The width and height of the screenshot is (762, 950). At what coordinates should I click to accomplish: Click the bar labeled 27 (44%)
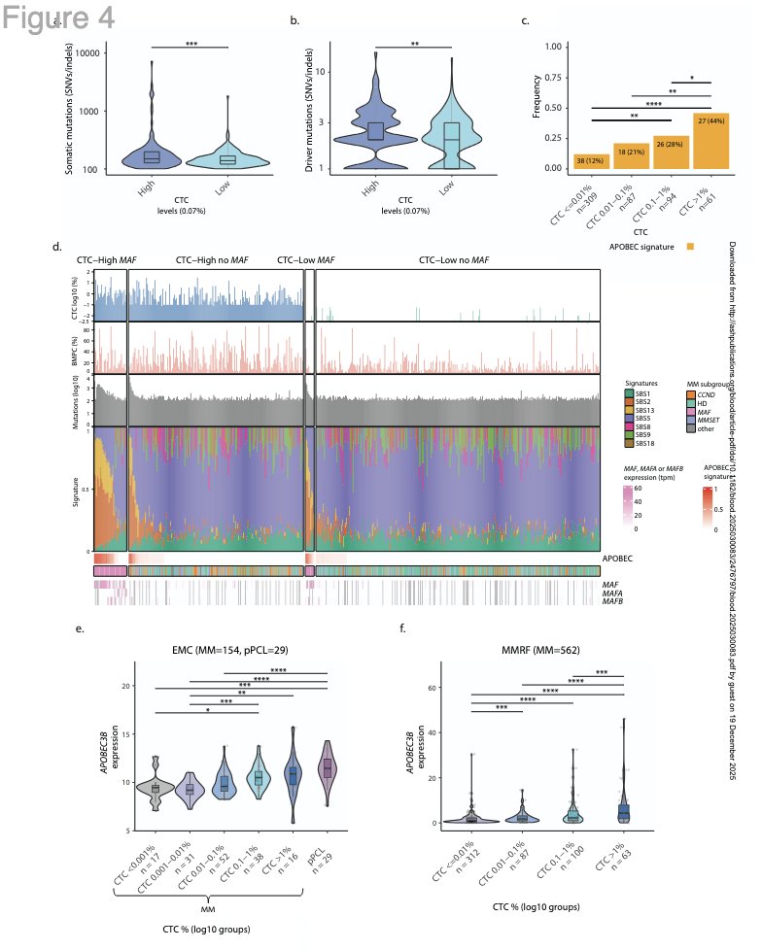click(711, 140)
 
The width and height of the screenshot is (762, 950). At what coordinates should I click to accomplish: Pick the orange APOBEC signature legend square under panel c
click(690, 248)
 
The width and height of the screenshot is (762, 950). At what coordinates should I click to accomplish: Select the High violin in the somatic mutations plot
click(152, 155)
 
